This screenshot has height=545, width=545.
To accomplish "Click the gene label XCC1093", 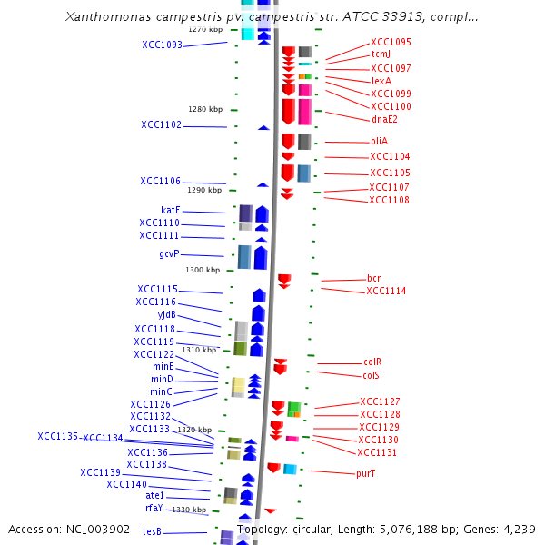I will tap(162, 45).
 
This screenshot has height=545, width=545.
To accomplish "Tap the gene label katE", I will tap(170, 210).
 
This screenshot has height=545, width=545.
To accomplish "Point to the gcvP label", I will tap(169, 253).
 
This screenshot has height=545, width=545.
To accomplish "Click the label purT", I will tap(366, 473).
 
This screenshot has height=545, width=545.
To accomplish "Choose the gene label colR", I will tap(372, 362).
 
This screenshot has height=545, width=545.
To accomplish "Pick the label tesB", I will tap(152, 531).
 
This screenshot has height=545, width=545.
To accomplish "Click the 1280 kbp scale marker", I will tap(204, 109).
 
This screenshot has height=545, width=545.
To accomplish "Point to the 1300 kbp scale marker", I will tap(203, 270).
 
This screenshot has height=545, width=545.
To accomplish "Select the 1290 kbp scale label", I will tap(204, 190).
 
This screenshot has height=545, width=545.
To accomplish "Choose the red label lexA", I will tap(381, 81).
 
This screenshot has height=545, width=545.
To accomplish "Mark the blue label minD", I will tap(162, 379).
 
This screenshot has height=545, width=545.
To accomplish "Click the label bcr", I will tap(373, 278).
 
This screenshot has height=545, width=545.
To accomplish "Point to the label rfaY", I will tap(154, 508).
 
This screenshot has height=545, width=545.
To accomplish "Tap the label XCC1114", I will tap(386, 292).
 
